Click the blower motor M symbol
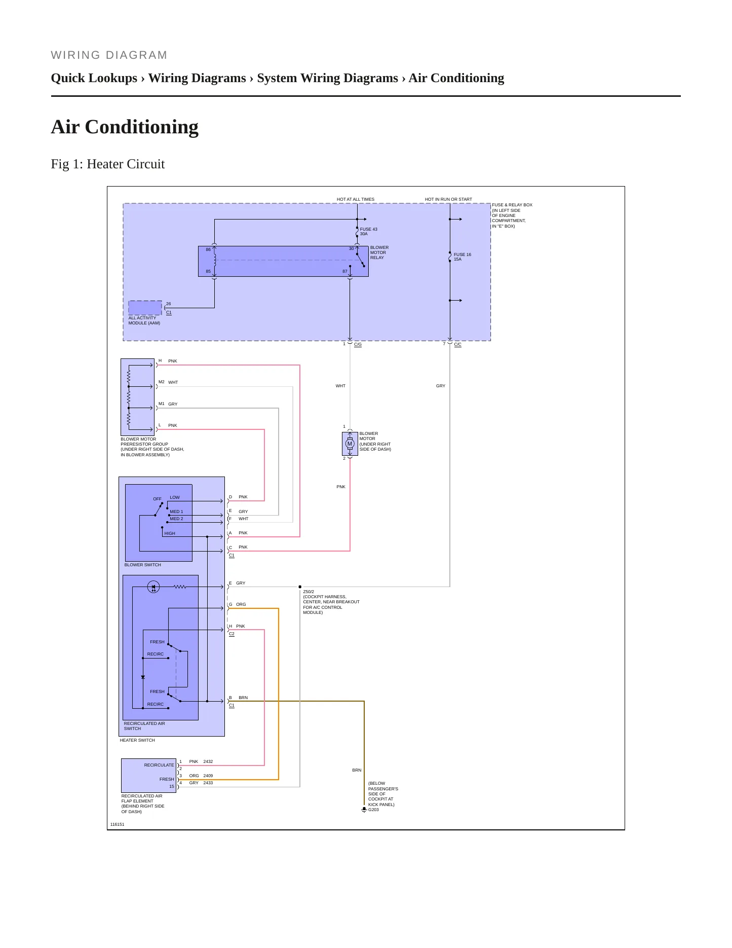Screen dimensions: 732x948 coord(350,444)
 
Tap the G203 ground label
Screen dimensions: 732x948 coord(373,810)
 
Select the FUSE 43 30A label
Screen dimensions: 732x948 coord(368,232)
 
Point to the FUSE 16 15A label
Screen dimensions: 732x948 coord(462,257)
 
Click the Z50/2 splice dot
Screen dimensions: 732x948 coord(300,587)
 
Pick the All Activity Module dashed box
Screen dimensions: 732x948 coord(145,308)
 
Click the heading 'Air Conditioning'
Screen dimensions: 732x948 coord(125,127)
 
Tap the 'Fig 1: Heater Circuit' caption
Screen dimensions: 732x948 coord(108,164)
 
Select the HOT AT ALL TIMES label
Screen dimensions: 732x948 coord(356,199)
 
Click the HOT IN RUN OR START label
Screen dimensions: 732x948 coord(448,199)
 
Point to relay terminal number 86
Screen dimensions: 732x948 coord(208,249)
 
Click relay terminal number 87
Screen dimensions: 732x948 coord(345,271)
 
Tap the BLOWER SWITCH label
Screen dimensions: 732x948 coord(143,565)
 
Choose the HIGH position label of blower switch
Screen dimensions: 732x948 coord(170,533)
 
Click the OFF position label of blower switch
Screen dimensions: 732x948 coord(158,499)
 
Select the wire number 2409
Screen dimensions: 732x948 coord(208,776)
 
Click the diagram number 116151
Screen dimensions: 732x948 coord(117,824)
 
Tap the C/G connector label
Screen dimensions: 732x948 coord(358,344)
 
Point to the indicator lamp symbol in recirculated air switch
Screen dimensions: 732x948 coord(153,587)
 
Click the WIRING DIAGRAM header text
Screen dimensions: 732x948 coord(109,55)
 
